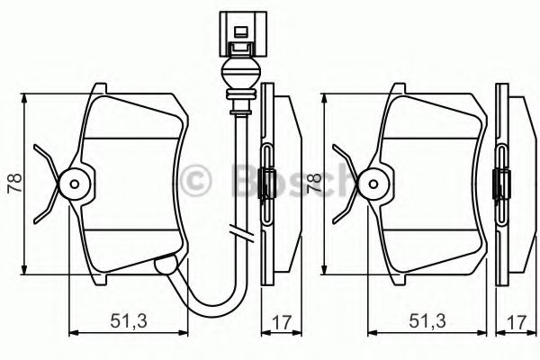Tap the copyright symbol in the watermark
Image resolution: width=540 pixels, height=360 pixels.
(196, 179)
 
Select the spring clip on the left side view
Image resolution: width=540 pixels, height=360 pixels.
(266, 184)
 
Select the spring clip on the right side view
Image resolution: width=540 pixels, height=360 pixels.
(501, 184)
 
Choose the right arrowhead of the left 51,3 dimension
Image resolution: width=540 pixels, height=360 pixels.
(185, 334)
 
